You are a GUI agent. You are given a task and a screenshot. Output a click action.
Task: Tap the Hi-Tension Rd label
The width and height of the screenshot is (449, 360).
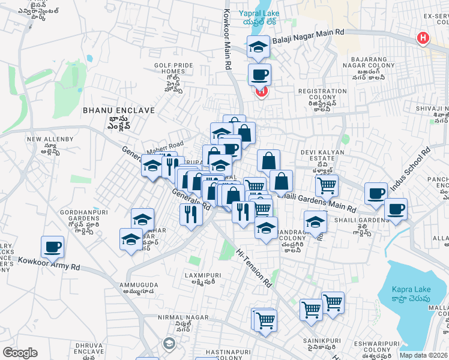[x=254, y=269]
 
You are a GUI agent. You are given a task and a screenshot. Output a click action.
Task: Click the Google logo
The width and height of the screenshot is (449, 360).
[x=20, y=353]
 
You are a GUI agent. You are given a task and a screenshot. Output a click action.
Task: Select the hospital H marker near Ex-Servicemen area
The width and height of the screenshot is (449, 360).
[x=423, y=38]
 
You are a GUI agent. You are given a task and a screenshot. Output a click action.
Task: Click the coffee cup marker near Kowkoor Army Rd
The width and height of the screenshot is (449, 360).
[x=52, y=247]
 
